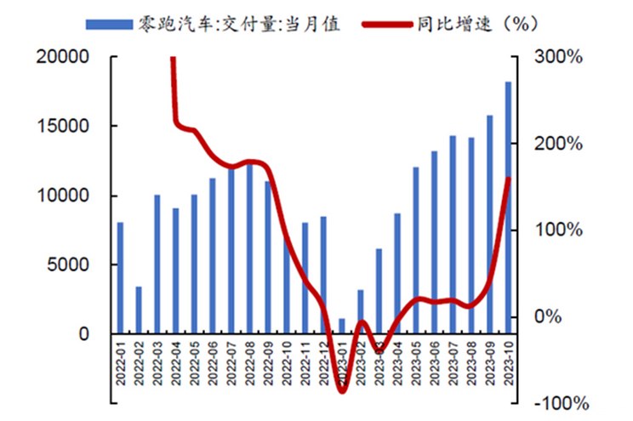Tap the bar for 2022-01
tap(120, 277)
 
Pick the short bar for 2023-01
tap(342, 326)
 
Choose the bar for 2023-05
tap(416, 249)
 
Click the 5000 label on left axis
tap(71, 265)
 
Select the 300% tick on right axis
tap(557, 57)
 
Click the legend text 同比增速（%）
tap(481, 24)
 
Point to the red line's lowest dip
tap(342, 390)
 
